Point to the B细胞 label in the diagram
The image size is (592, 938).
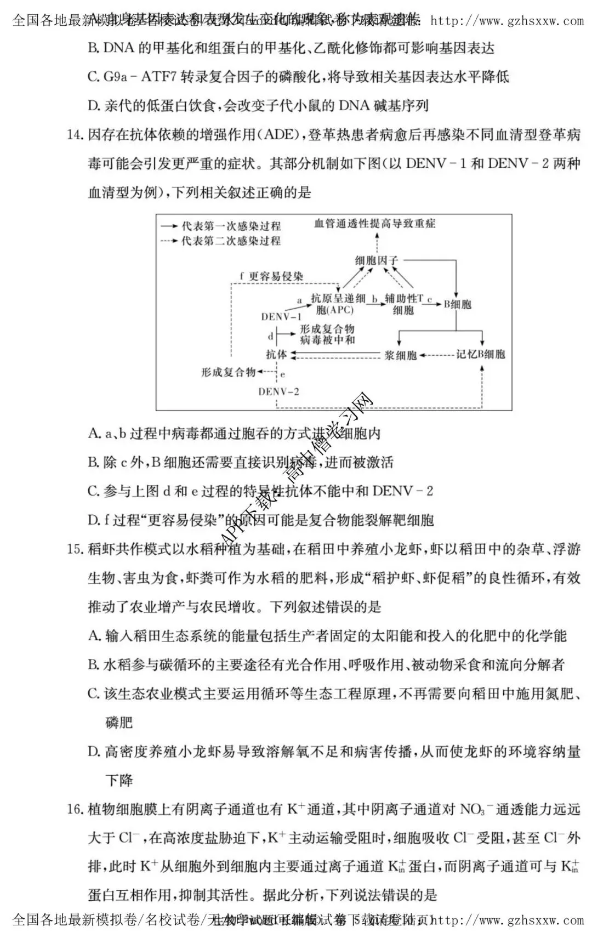pos(458,304)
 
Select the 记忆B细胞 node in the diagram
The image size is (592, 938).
pos(481,355)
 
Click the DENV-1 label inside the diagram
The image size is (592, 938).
pos(281,317)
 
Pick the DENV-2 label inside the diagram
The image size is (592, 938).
pos(279,391)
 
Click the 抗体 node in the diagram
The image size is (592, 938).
pos(276,355)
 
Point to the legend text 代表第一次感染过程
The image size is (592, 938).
pos(231,226)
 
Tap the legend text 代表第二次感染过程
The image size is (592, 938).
pos(231,241)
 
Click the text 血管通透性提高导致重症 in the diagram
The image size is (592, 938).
pos(375,223)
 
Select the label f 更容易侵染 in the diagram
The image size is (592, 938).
pos(271,277)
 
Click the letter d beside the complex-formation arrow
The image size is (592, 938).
pos(270,336)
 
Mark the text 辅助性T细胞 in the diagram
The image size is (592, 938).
pos(404,304)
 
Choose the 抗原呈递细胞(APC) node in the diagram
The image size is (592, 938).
pos(337,304)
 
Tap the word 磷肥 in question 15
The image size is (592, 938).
pos(119,722)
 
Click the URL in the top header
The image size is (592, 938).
pos(508,21)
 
